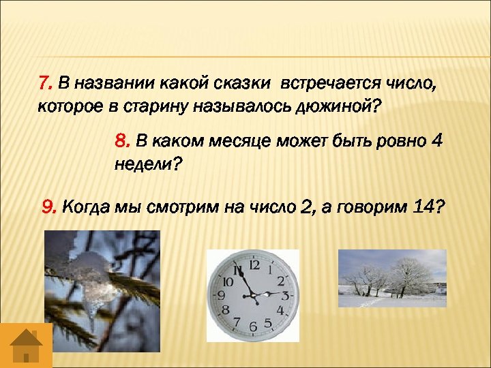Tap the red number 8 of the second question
click(122, 141)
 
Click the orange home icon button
click(26, 346)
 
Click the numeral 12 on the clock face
click(254, 264)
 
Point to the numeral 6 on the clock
click(252, 326)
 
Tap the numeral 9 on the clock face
click(220, 296)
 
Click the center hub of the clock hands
click(252, 294)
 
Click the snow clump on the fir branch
click(92, 273)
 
